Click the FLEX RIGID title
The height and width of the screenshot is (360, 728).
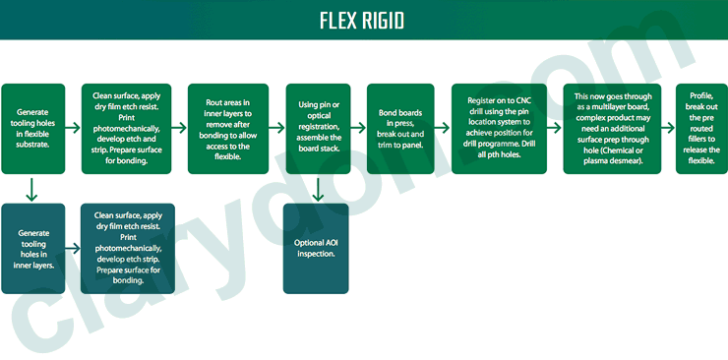click(x=362, y=21)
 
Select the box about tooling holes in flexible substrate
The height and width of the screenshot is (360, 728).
click(x=33, y=129)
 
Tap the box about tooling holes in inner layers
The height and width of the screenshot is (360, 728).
click(x=33, y=248)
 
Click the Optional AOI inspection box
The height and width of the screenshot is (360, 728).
click(x=316, y=248)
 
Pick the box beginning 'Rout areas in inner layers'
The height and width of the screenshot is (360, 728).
click(x=226, y=129)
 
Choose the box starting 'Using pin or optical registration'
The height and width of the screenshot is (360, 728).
click(x=316, y=129)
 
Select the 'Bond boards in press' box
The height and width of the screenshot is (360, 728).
click(x=399, y=129)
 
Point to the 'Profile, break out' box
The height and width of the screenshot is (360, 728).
click(x=701, y=129)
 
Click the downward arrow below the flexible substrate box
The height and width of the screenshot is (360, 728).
click(x=33, y=188)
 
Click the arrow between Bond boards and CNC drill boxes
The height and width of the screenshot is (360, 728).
click(x=443, y=128)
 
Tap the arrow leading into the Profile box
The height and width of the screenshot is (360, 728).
click(x=666, y=128)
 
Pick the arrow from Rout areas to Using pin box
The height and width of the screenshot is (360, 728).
click(x=274, y=128)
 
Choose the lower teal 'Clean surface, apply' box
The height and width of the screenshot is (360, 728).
click(x=127, y=248)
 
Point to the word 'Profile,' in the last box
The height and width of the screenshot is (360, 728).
click(x=701, y=95)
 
